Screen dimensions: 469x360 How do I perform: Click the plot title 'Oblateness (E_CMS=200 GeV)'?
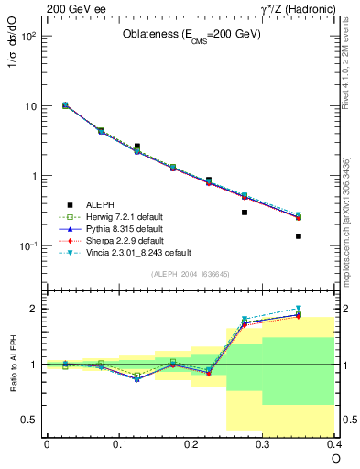tap(192, 34)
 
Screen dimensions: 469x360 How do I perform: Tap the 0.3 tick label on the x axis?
tap(263, 443)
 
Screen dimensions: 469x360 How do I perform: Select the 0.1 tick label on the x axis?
tap(118, 443)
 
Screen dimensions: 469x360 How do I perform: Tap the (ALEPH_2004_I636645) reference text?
tap(190, 273)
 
